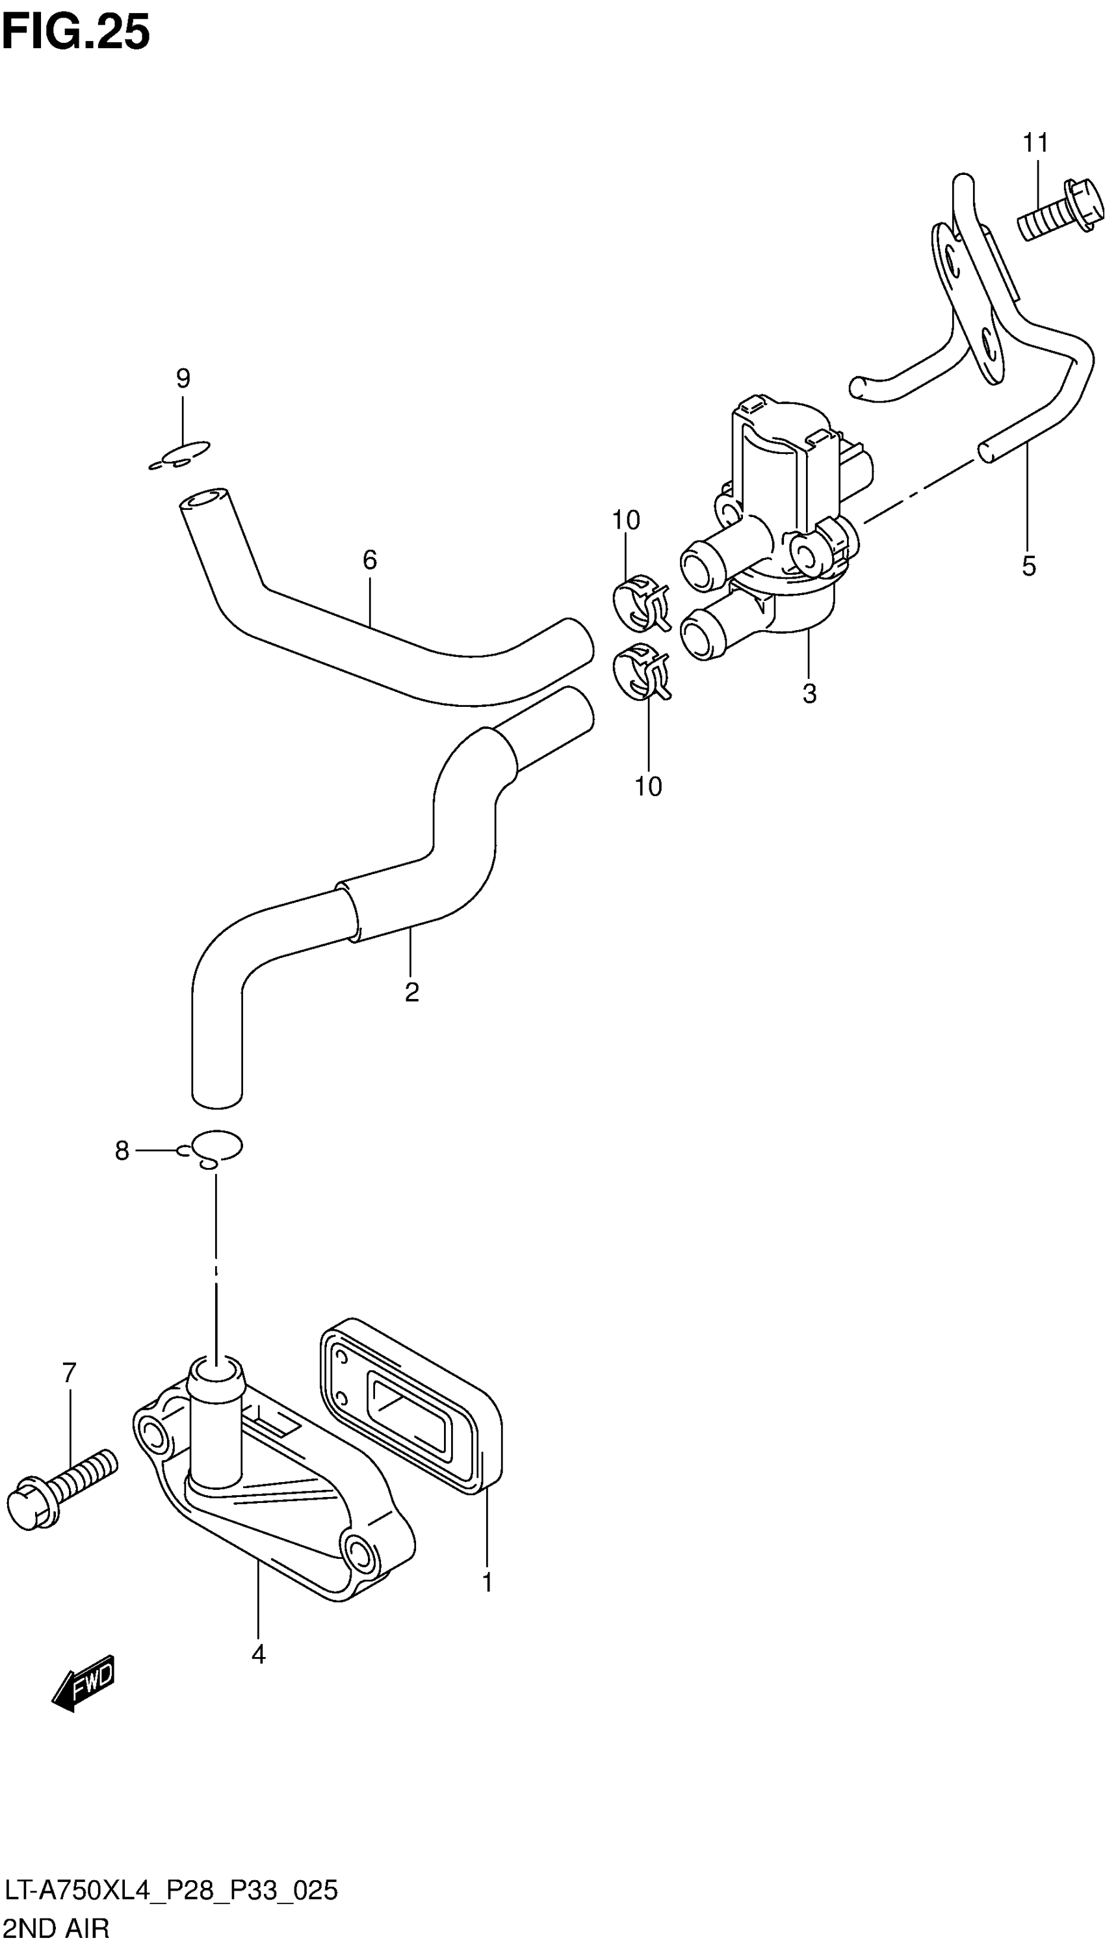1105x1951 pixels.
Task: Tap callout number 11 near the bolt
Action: coord(1035,142)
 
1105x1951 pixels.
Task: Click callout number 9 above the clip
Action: coord(183,378)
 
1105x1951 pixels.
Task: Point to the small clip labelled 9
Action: coord(181,455)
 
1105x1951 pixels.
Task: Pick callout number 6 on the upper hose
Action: coord(370,560)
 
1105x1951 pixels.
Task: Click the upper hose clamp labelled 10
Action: coord(640,603)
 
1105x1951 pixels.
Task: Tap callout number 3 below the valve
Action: coord(810,693)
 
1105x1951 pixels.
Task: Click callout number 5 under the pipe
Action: coord(1028,566)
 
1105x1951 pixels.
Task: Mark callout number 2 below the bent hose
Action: coord(412,992)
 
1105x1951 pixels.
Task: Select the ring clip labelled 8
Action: coord(217,1148)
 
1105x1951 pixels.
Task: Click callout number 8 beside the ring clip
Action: coord(122,1152)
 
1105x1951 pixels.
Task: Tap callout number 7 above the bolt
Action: coord(69,1373)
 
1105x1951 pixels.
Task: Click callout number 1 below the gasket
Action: coord(487,1583)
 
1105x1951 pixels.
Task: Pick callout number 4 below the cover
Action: coord(258,1654)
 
